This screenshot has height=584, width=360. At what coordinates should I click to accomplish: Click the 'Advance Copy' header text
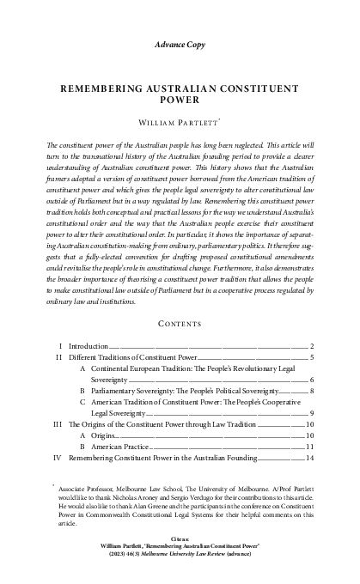[x=180, y=42]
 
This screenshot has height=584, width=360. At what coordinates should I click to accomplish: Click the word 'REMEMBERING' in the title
[x=103, y=88]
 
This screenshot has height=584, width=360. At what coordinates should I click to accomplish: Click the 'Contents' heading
[x=180, y=301]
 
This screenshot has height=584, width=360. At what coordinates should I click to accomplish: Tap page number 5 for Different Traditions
[x=309, y=332]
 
